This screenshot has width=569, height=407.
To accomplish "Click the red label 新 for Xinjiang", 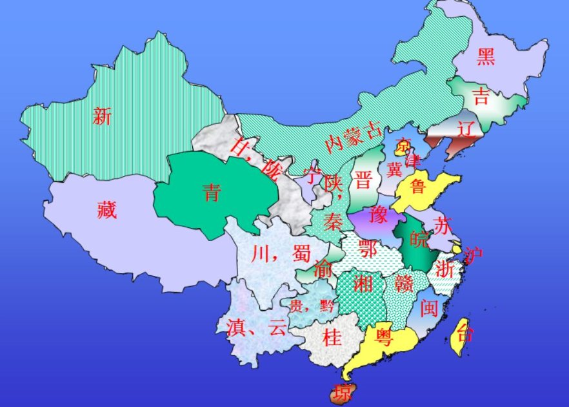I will coord(102,116).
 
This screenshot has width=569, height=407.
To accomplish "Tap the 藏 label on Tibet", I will coord(106,209).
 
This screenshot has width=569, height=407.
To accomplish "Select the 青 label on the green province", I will coord(211,192).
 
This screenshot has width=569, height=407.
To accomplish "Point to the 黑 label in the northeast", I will coord(486,57).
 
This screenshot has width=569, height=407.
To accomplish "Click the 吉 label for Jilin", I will coord(481,97).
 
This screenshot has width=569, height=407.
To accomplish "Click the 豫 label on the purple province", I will coord(379,215).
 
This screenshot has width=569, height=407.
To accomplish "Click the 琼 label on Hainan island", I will coord(340,391).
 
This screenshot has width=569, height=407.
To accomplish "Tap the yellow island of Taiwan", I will coord(462,337).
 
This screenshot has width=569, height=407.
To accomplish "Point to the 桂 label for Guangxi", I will coord(332,337).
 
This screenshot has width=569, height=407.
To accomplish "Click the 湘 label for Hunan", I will coord(363,282).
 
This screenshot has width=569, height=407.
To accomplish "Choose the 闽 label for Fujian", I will coord(429,308).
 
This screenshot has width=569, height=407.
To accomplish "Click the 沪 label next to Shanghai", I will coord(474,256).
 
